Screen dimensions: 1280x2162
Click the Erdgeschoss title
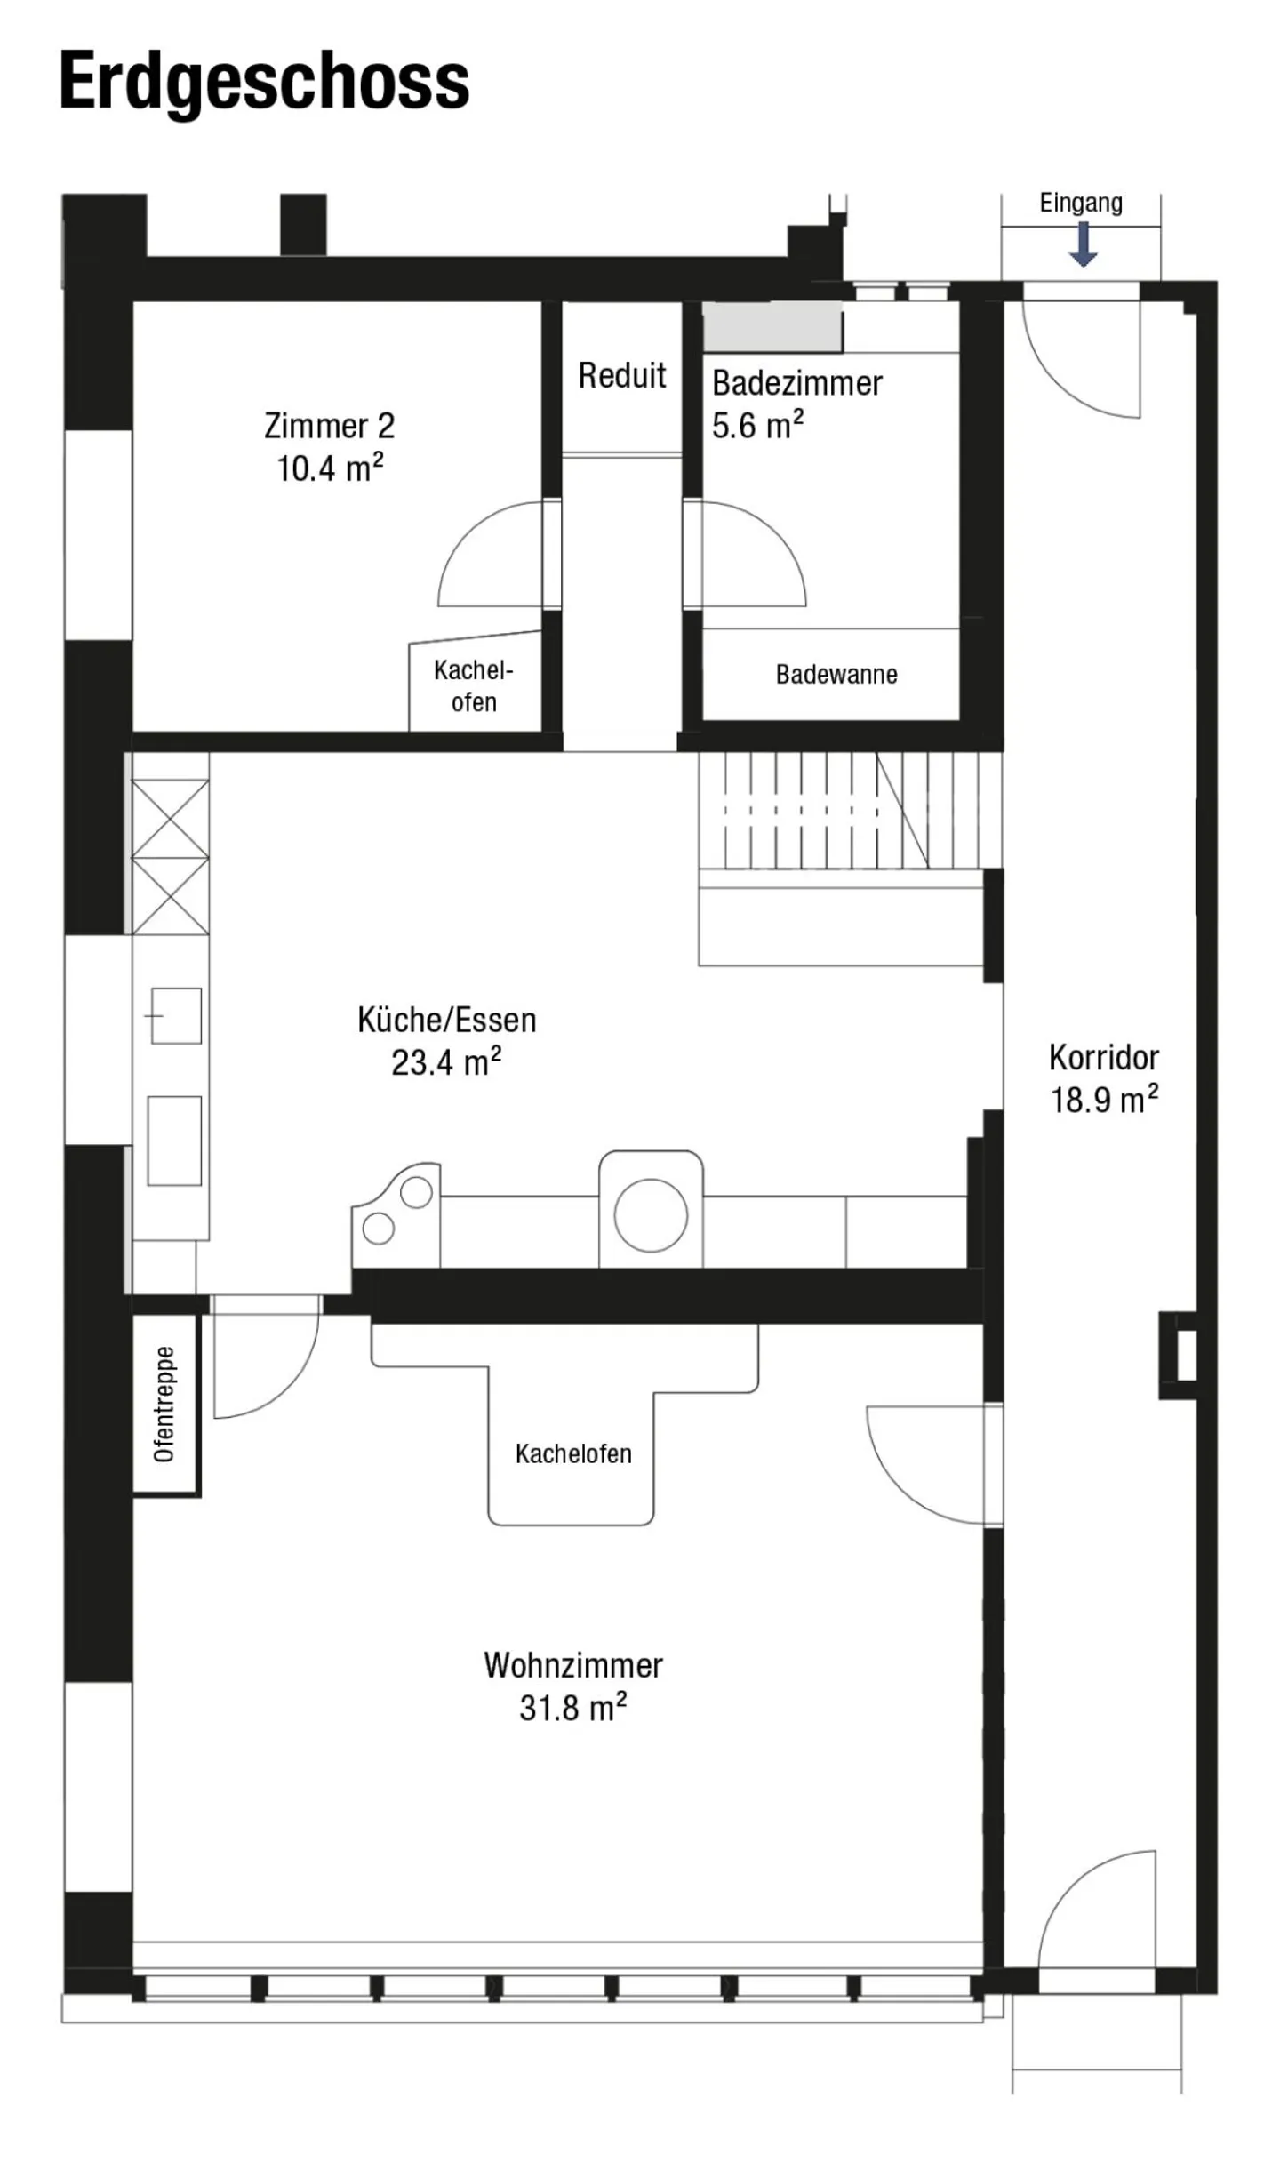264,83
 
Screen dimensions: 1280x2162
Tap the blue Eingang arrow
1082,244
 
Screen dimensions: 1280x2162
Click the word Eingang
1081,204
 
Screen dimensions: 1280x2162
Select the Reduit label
621,375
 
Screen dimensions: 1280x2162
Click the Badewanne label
836,675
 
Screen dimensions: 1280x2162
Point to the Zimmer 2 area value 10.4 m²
330,468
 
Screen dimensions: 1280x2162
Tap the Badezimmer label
797,383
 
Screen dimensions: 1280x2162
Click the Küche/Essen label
446,1020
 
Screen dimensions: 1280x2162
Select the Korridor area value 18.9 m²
1104,1100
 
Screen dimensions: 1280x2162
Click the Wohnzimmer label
573,1665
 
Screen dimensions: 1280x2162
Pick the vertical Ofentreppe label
164,1405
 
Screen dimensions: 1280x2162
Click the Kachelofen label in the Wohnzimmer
573,1453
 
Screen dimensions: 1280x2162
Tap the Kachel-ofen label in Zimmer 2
473,685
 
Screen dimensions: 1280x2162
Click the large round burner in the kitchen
651,1215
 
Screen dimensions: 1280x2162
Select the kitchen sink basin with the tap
176,1015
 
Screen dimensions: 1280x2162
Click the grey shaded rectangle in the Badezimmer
772,326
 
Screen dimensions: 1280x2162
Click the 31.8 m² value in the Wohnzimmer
573,1708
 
